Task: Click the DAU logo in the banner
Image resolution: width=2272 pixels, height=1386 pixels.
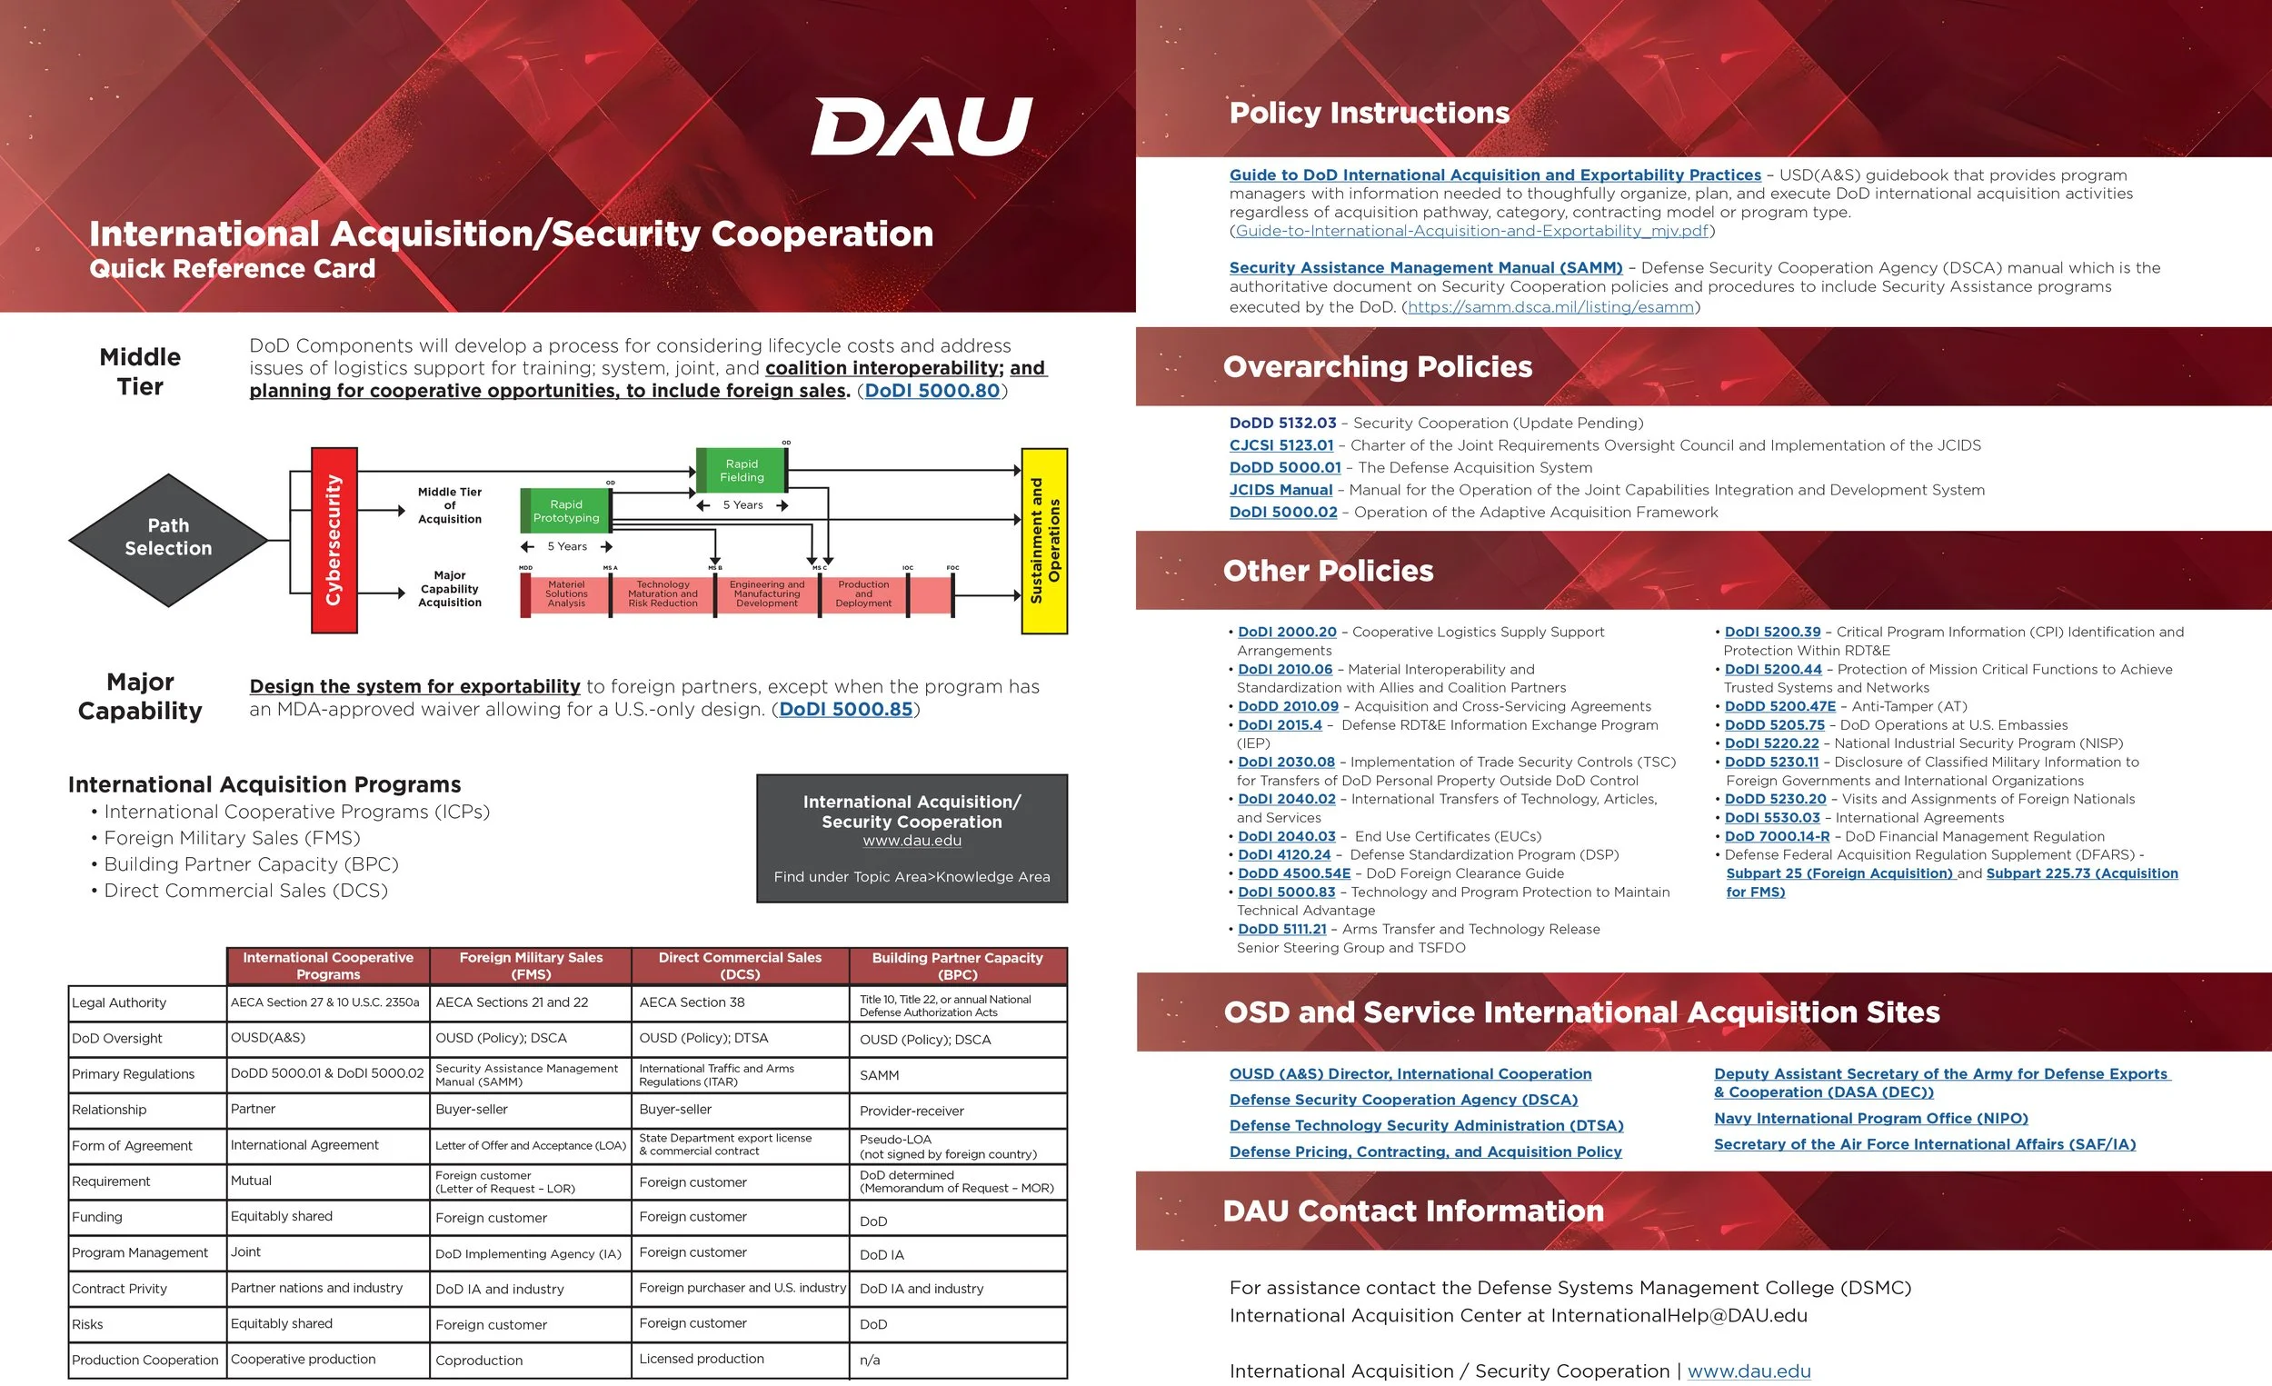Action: (922, 126)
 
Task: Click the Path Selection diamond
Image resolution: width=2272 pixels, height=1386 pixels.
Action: (168, 538)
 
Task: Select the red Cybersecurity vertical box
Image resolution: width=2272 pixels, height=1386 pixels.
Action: (334, 540)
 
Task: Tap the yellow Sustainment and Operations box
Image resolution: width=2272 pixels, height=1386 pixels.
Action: (1045, 541)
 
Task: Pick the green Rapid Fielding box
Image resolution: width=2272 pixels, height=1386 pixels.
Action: (742, 470)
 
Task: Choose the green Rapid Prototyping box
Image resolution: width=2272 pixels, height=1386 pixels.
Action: (565, 511)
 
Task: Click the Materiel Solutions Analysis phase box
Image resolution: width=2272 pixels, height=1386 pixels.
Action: (565, 593)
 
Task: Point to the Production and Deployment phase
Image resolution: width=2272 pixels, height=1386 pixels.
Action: (863, 593)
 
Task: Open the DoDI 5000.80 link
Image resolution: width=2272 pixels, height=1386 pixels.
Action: (932, 391)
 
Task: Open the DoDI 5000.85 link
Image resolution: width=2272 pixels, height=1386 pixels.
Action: (845, 709)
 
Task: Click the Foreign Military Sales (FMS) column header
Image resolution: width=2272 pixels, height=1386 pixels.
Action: (530, 965)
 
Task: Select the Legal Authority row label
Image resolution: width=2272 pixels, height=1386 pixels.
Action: (120, 1002)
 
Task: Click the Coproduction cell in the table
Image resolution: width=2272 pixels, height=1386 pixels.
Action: (479, 1361)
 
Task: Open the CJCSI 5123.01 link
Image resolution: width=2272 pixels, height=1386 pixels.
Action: (1280, 445)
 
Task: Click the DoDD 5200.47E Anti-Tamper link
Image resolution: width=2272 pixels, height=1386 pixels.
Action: (1779, 706)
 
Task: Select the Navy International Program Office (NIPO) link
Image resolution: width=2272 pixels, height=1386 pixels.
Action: (1870, 1119)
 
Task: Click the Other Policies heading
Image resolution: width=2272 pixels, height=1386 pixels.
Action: (1328, 571)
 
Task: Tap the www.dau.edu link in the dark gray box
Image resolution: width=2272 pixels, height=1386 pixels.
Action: (911, 841)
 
